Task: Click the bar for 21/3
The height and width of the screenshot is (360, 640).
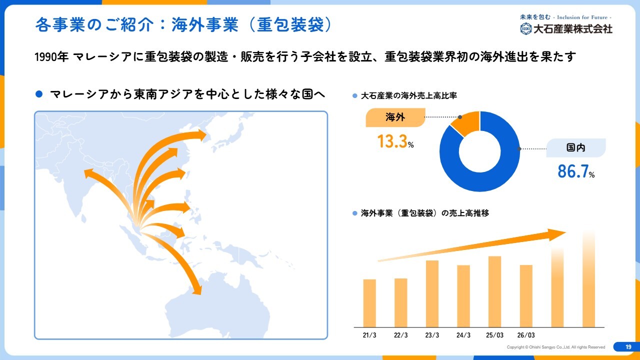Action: click(x=369, y=303)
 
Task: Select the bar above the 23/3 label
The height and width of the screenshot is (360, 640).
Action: click(x=432, y=293)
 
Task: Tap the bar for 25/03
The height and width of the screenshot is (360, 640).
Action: click(x=494, y=291)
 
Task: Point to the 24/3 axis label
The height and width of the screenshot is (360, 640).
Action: click(x=463, y=335)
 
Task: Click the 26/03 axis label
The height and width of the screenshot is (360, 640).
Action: click(x=526, y=335)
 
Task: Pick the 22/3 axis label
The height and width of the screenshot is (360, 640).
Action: click(x=400, y=335)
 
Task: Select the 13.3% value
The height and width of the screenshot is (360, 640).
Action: click(x=395, y=141)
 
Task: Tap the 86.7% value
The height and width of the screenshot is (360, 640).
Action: click(x=576, y=171)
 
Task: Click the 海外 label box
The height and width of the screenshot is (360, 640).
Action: click(x=395, y=117)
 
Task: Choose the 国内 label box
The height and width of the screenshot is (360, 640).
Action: click(x=576, y=147)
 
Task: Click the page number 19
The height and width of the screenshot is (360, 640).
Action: click(x=628, y=347)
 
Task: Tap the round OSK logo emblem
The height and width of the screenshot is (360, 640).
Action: click(x=525, y=28)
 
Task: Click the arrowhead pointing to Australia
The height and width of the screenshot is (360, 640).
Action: click(x=197, y=290)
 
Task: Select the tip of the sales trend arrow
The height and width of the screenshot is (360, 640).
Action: click(x=566, y=232)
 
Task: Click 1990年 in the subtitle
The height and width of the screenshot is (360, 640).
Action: click(x=51, y=57)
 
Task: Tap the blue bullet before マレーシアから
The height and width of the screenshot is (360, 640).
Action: click(x=39, y=94)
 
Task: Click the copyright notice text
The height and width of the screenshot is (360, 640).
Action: click(x=555, y=347)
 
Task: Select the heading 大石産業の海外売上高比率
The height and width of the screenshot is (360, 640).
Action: click(x=409, y=95)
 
